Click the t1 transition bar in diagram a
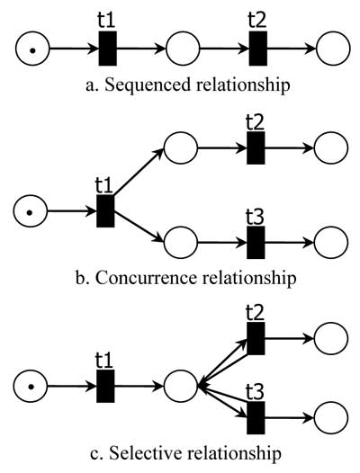point(105,48)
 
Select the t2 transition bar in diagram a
point(257,48)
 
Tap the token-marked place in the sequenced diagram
point(31,48)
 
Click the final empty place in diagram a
point(331,48)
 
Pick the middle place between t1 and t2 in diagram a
point(182,48)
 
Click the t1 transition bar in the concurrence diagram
point(105,211)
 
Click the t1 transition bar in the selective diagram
point(105,387)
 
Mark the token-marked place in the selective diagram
point(31,387)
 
